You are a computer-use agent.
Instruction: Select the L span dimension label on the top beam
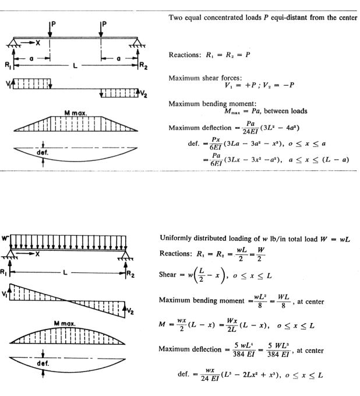pyautogui.click(x=76, y=64)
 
